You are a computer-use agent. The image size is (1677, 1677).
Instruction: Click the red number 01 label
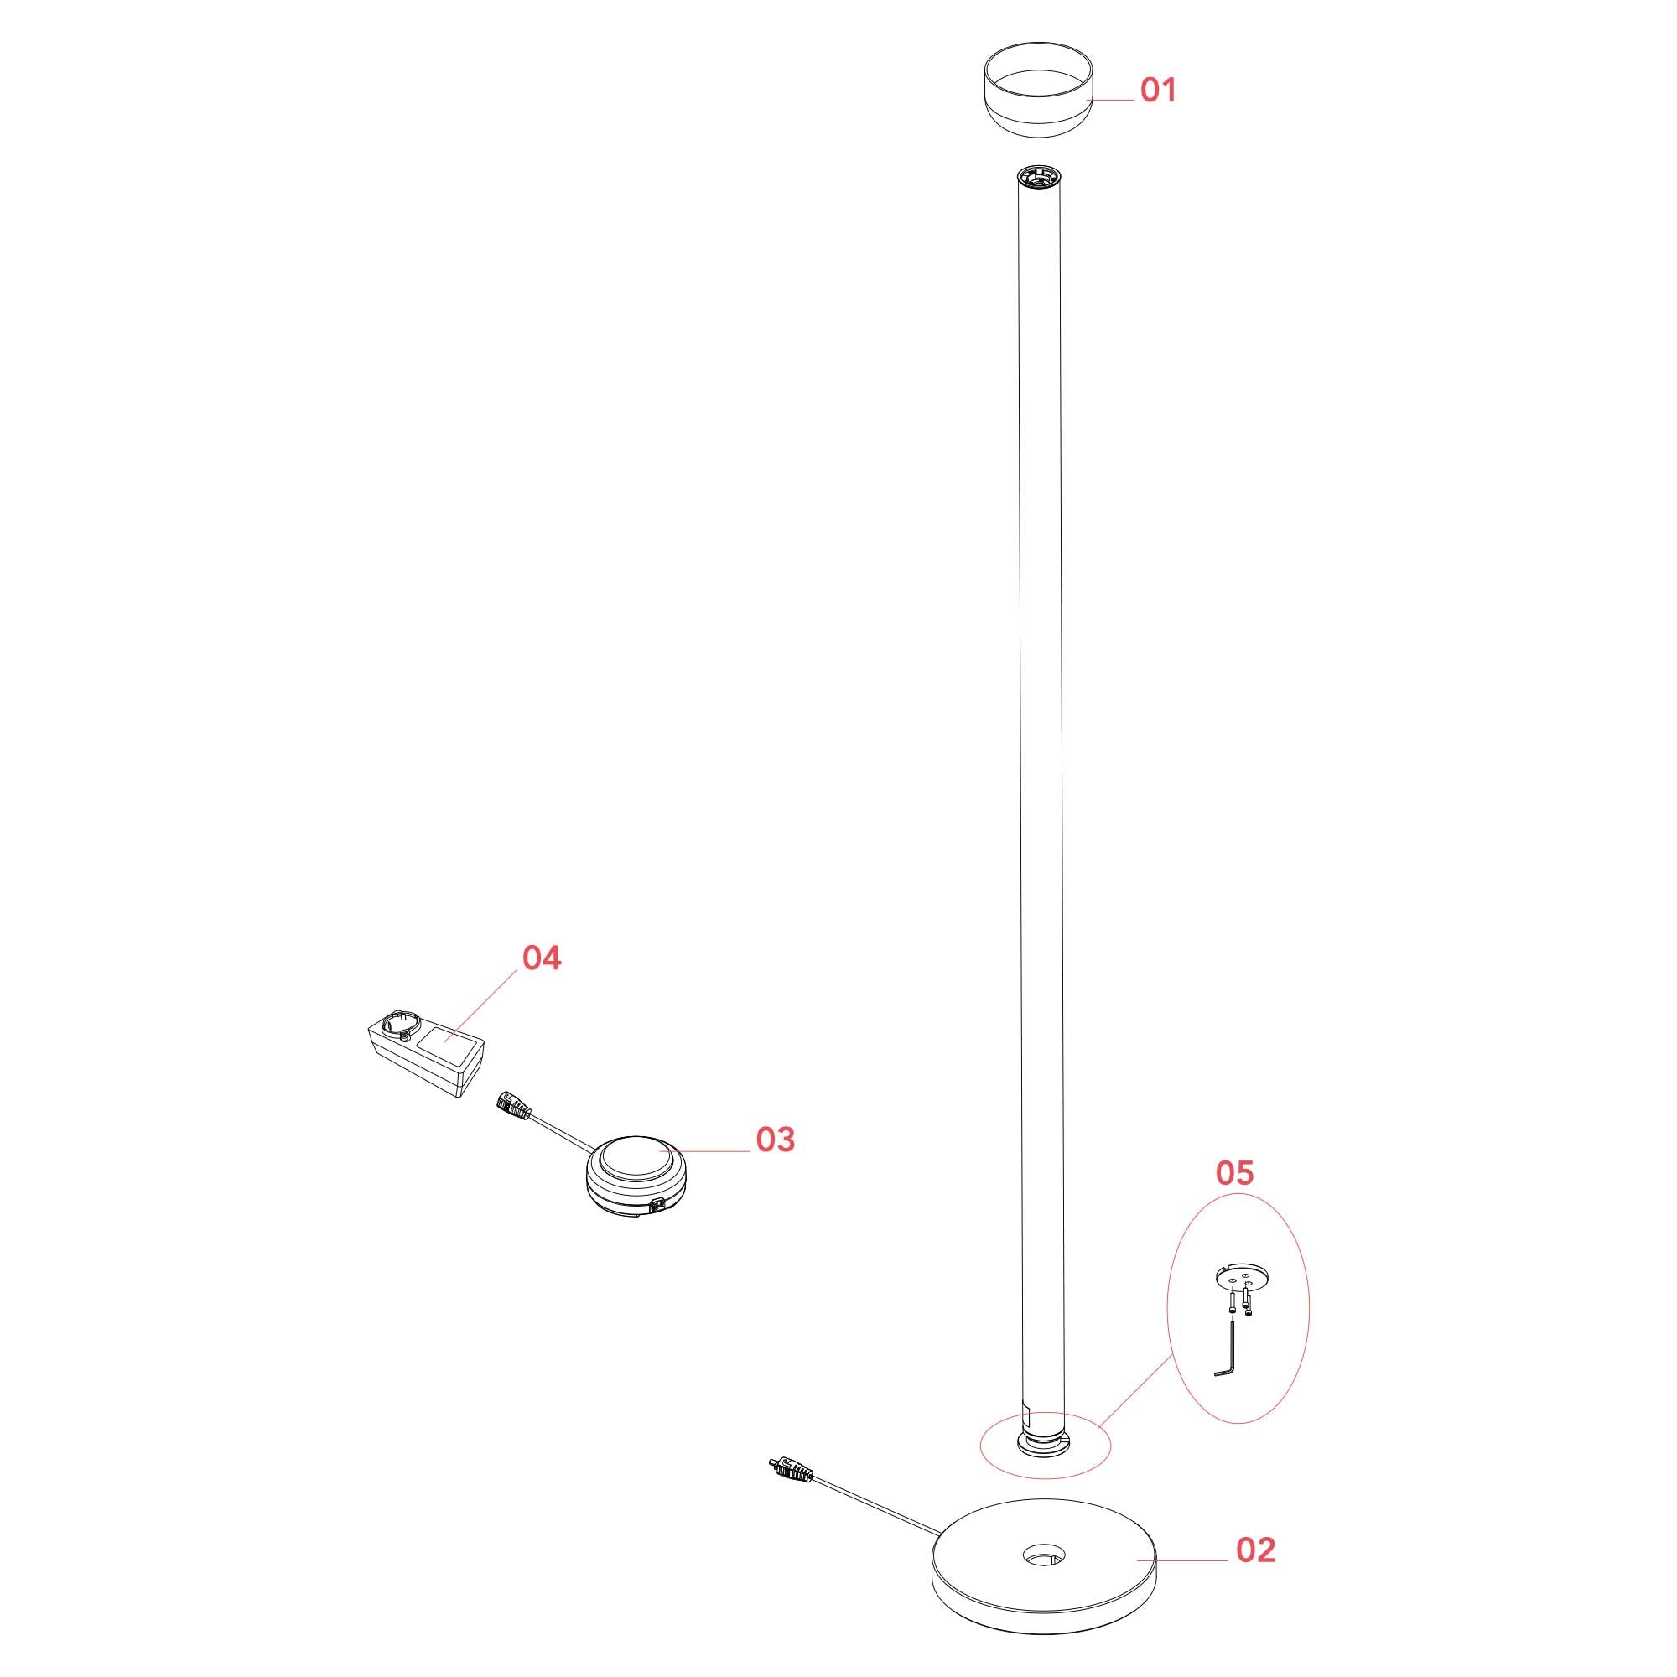point(1158,91)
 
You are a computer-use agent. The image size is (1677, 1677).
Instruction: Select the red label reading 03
point(775,1140)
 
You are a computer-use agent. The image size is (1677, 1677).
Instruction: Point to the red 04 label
point(542,958)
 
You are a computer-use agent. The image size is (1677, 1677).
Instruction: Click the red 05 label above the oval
point(1234,1173)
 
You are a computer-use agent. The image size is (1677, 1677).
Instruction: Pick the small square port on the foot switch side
point(658,1203)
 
